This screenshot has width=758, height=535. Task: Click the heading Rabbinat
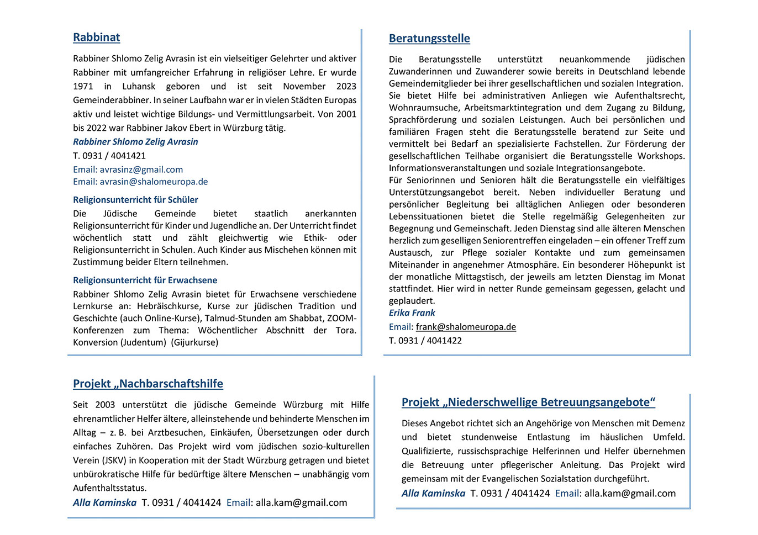click(x=96, y=38)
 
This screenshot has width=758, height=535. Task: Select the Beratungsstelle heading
click(x=429, y=39)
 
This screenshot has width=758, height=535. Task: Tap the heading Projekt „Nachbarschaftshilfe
click(x=148, y=384)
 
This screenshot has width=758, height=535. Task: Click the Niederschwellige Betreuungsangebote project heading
click(x=528, y=402)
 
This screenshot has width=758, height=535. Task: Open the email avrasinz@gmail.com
click(x=141, y=169)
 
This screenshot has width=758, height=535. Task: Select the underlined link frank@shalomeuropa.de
click(x=466, y=327)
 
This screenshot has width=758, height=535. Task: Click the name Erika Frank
click(x=412, y=312)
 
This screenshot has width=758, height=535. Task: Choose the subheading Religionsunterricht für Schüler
click(x=135, y=200)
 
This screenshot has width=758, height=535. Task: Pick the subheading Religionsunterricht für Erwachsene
click(x=145, y=280)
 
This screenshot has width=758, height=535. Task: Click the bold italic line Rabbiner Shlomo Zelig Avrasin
click(x=135, y=142)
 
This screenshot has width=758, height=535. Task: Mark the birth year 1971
click(x=83, y=86)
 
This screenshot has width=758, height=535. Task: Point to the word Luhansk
click(x=139, y=86)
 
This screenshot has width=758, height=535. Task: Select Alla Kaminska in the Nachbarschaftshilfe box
click(x=104, y=502)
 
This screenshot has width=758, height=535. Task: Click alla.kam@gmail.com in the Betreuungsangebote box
click(x=630, y=494)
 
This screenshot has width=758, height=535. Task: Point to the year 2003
click(x=105, y=405)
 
